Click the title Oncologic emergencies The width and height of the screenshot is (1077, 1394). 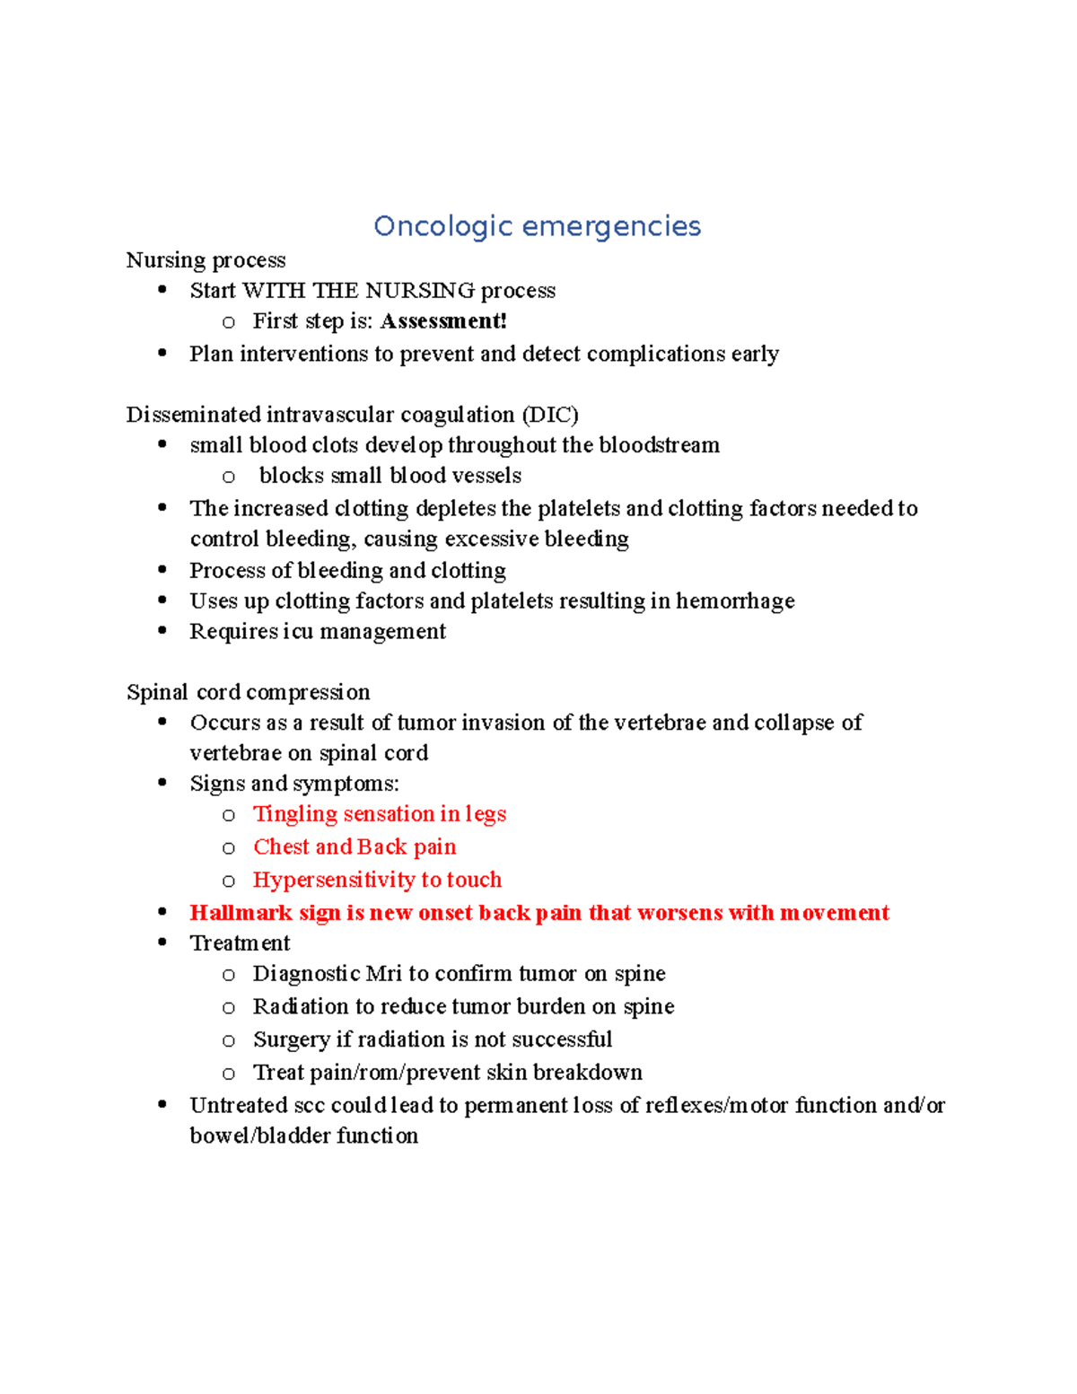click(x=537, y=226)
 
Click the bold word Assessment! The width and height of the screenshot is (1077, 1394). click(x=443, y=321)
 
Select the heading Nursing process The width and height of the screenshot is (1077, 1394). click(x=206, y=260)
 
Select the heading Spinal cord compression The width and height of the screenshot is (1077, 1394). click(x=248, y=692)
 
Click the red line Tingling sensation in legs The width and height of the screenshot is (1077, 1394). click(x=379, y=814)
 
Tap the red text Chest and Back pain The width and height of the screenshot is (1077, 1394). click(x=355, y=846)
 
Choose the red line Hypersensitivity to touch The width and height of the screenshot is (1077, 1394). click(x=377, y=880)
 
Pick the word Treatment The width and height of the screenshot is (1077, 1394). click(x=240, y=943)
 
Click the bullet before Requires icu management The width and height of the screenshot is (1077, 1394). click(x=162, y=631)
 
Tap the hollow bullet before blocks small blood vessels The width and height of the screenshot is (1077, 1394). click(x=229, y=477)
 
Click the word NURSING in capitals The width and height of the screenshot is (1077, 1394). click(x=420, y=291)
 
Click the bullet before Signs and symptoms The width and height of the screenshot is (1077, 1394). click(x=162, y=783)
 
